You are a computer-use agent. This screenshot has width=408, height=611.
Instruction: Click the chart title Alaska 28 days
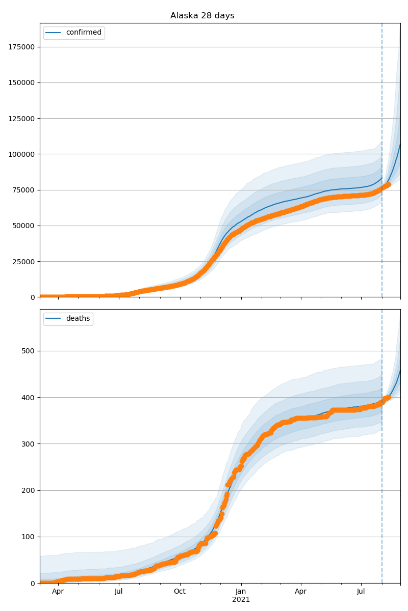click(202, 16)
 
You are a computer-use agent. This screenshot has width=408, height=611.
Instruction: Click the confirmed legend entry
click(84, 33)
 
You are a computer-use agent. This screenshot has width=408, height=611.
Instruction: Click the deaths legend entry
click(78, 319)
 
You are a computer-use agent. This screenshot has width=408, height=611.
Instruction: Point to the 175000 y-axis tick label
click(21, 47)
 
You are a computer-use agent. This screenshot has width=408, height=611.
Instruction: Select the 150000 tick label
click(21, 82)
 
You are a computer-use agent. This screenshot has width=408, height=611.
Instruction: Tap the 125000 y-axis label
click(21, 119)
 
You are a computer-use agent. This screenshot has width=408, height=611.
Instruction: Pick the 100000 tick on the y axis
click(21, 154)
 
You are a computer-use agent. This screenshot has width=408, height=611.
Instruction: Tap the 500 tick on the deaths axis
click(28, 351)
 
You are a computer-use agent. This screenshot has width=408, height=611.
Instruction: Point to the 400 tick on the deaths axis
click(28, 397)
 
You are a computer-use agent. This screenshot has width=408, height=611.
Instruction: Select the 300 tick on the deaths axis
click(28, 444)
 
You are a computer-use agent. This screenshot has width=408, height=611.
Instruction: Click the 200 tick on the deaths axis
click(28, 490)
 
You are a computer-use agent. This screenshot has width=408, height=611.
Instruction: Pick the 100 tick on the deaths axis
click(28, 537)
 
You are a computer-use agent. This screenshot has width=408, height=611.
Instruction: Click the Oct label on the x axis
click(180, 592)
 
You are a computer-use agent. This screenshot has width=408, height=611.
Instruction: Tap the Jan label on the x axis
click(241, 592)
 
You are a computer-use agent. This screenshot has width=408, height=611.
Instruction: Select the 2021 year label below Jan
click(241, 600)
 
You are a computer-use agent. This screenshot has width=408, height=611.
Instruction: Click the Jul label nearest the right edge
click(361, 592)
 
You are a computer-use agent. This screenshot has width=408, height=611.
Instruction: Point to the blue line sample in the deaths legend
click(54, 319)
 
